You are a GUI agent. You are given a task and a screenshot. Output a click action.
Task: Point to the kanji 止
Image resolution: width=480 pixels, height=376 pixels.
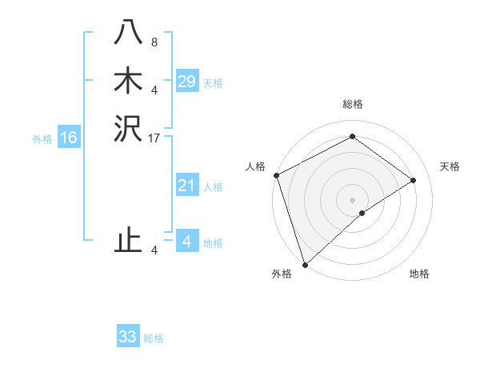click(128, 239)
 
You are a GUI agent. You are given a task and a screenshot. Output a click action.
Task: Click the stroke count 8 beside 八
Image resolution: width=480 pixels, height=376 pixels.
click(154, 42)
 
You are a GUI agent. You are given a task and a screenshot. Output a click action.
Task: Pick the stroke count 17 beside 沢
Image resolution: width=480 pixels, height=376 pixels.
click(154, 139)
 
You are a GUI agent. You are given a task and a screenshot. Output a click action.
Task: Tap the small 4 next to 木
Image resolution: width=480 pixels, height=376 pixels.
click(154, 90)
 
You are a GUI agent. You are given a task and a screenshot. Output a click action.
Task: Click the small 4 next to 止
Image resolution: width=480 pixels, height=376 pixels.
click(154, 250)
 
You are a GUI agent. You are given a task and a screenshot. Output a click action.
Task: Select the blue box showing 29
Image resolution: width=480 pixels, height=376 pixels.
click(186, 82)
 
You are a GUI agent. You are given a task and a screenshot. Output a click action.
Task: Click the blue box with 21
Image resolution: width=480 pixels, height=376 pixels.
click(186, 186)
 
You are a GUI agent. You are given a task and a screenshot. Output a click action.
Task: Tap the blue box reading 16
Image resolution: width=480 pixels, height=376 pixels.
click(69, 138)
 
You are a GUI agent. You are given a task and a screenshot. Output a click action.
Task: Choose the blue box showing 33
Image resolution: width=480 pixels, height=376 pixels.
click(128, 337)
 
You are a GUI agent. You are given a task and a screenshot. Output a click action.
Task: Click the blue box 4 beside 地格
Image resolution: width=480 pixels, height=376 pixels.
click(186, 242)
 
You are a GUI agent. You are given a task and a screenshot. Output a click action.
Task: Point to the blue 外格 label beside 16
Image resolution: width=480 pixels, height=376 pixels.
click(42, 139)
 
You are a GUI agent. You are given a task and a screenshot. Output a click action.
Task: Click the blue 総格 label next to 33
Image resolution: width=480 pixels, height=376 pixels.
click(154, 338)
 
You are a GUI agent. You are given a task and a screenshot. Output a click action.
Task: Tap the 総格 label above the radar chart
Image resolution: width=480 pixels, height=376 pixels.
click(352, 104)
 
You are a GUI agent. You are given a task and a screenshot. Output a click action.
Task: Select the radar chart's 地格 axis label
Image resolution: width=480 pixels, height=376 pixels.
click(419, 274)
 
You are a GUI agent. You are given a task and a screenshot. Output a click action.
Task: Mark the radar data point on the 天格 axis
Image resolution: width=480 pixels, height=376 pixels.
click(414, 180)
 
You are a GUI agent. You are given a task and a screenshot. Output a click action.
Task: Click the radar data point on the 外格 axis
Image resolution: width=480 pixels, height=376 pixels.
click(305, 264)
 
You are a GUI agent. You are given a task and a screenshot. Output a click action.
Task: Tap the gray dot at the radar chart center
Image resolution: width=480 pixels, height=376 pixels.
click(352, 199)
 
